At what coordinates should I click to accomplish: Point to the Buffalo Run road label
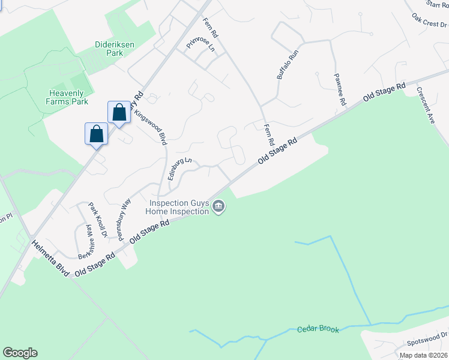(x=287, y=64)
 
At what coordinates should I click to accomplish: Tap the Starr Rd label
(x=436, y=4)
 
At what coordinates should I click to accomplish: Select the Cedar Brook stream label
(x=318, y=329)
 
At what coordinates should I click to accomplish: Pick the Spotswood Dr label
(x=427, y=339)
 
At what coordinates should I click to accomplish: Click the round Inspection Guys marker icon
(x=218, y=208)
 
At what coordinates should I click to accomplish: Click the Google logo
(x=20, y=353)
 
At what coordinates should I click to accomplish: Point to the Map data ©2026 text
(x=423, y=355)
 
